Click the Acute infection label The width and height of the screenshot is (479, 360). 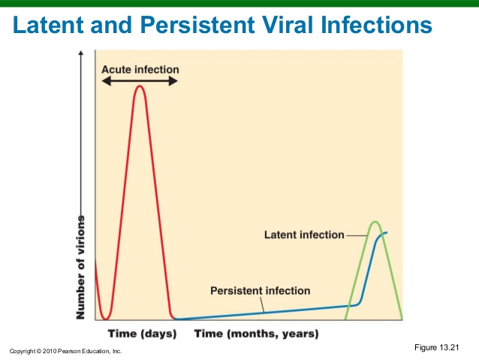pos(140,70)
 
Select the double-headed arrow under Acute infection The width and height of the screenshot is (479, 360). pos(140,80)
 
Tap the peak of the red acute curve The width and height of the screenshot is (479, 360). pos(139,86)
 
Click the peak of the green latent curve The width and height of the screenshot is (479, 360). pos(375,222)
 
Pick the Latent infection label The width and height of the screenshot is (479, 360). pos(303,235)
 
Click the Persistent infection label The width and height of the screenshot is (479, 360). pos(260,290)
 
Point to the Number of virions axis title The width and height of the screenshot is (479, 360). pos(81,267)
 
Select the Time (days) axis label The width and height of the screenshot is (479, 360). pos(142,333)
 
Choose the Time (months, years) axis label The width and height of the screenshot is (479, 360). pos(256,333)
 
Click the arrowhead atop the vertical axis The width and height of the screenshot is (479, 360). pos(81,54)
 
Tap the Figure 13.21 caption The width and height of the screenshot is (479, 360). pos(436,346)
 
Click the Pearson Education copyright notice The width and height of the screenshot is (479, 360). pos(65,351)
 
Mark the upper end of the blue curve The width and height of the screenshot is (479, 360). pos(387,232)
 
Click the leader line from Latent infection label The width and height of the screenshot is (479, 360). pos(355,235)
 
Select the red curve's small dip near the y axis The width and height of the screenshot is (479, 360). pos(106,316)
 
